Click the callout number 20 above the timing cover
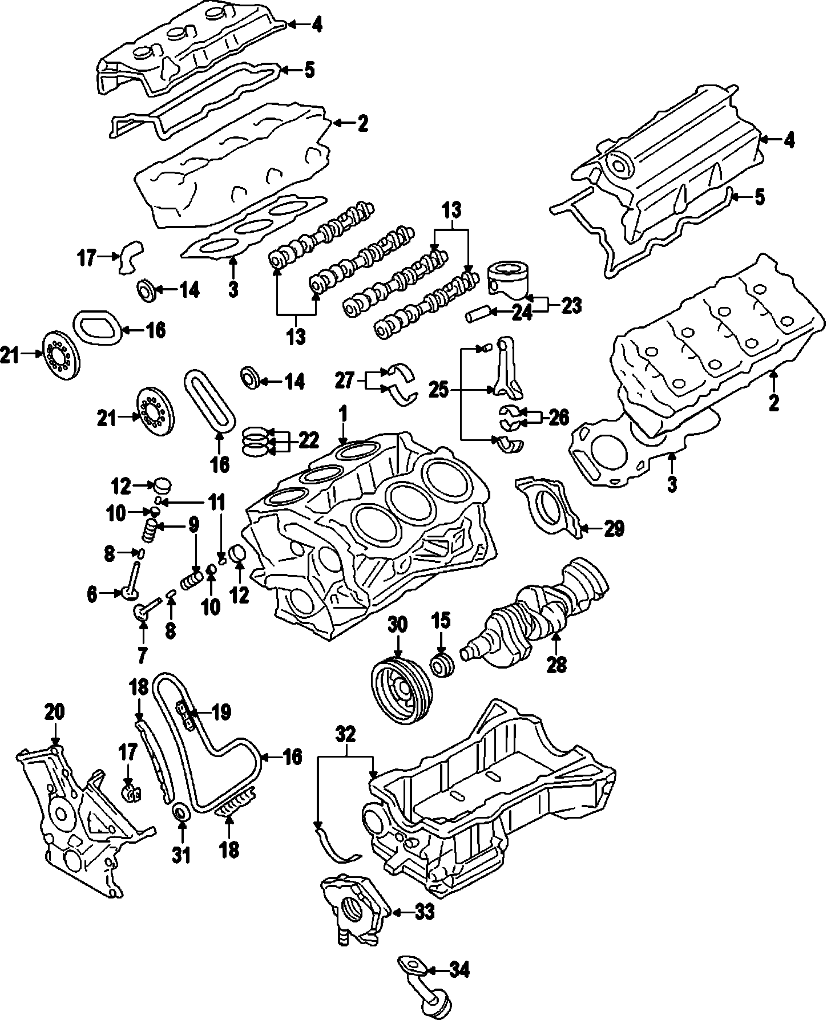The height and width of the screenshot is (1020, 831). click(x=55, y=712)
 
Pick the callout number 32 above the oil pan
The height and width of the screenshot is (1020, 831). click(x=346, y=733)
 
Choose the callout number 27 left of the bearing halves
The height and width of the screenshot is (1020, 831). click(x=344, y=381)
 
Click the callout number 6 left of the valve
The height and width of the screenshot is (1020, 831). click(x=92, y=594)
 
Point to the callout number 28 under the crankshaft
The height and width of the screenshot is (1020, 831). click(x=556, y=665)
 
